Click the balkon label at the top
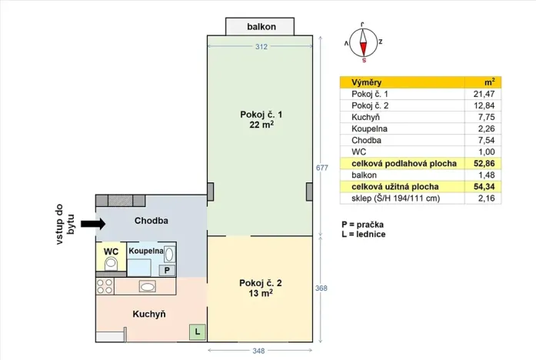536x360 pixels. coord(261,27)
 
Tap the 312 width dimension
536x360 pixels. coord(261,47)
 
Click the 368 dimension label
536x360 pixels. coord(321,288)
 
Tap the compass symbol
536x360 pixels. coord(363,45)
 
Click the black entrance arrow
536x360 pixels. coord(93,224)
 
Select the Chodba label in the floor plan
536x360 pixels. coord(151,222)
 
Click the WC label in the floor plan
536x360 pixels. coord(111,251)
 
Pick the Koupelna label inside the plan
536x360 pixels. coord(145,251)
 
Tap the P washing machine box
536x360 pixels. coord(166,270)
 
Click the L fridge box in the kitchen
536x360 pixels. coord(197,332)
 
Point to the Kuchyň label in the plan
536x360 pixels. coord(148,314)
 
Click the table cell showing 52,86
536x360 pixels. coord(483,164)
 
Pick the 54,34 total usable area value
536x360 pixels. coord(483,187)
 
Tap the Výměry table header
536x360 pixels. coord(366,82)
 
